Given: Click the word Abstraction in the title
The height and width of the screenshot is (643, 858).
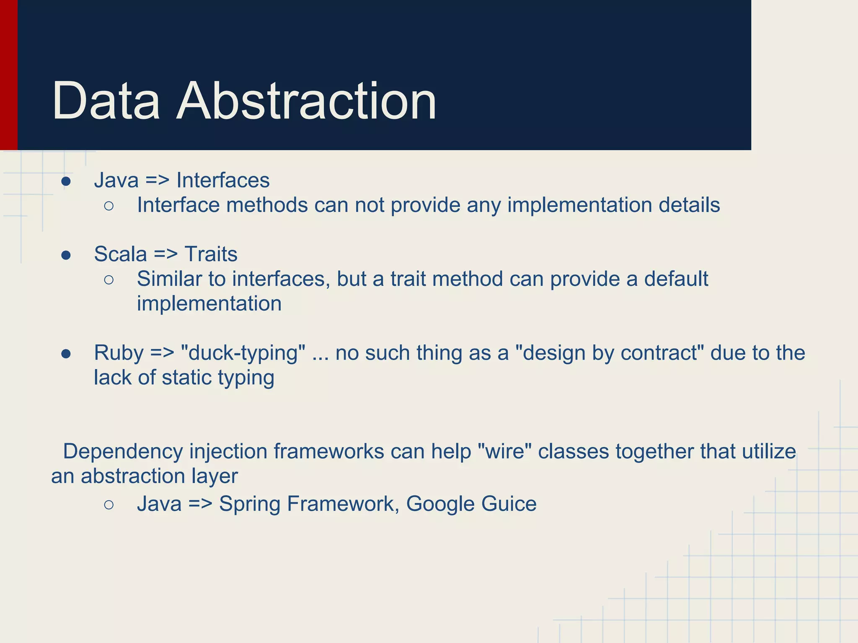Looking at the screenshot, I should coord(306,101).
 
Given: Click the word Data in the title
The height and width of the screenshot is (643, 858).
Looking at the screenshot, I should coord(106,101).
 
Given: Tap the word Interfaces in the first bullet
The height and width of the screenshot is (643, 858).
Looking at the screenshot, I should coord(223,180).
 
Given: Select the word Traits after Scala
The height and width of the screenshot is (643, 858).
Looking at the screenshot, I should coord(211,254).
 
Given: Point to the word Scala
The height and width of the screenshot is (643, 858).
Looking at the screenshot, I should coord(120,254).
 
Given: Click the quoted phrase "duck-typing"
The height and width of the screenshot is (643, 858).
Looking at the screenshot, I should coord(243,353).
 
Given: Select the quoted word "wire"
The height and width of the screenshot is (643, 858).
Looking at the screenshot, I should coord(504,452).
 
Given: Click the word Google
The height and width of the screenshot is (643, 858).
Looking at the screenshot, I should coord(440,504).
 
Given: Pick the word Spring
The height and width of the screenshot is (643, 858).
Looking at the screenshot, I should coord(250,504).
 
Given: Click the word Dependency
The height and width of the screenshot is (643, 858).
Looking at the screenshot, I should coord(123,452).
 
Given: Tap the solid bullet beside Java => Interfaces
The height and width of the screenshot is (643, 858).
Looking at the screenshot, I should coord(66,182).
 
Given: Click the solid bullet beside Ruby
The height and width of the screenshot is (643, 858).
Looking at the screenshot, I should coord(66,354).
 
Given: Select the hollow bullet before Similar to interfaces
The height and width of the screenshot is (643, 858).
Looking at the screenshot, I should coord(109,280).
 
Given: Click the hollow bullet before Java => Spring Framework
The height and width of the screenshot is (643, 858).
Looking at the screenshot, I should coord(109,505).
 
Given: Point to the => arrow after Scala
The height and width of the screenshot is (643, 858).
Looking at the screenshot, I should coord(165,254).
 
